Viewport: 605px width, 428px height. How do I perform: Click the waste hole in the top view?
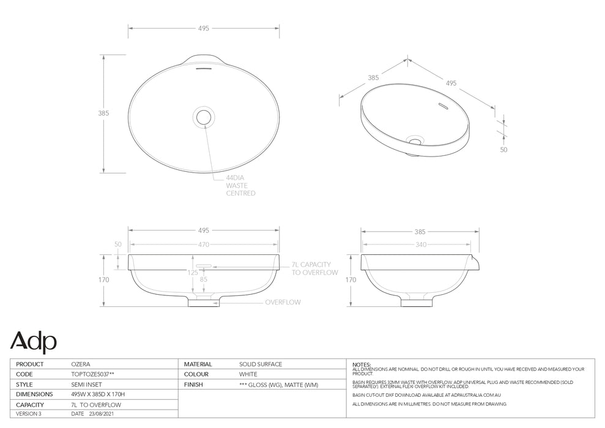point(204,116)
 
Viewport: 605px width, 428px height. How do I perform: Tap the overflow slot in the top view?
point(204,69)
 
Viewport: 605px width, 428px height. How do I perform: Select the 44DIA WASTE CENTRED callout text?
point(240,185)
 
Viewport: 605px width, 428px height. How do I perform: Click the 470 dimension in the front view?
point(204,245)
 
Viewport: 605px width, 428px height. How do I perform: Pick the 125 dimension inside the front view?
point(193,273)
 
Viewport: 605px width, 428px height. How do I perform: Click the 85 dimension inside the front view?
point(204,280)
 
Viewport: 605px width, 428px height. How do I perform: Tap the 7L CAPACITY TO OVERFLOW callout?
point(314,268)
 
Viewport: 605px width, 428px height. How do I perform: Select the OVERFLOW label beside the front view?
point(283,302)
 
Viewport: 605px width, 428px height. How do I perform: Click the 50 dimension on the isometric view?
point(503,149)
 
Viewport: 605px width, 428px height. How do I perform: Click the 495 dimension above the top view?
point(204,28)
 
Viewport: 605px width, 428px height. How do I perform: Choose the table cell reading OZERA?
point(81,364)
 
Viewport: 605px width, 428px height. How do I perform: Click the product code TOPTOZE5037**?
point(92,374)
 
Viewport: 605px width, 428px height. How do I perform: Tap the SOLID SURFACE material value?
point(261,364)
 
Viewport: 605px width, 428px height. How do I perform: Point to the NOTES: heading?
point(362,364)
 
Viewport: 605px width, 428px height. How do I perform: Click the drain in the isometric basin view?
point(415,141)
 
